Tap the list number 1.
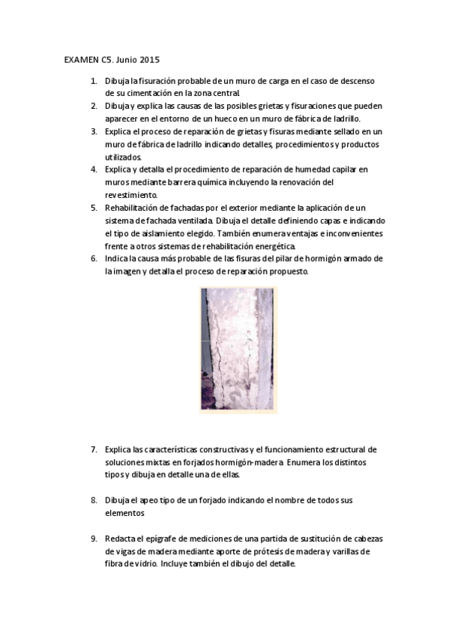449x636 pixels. tap(93, 80)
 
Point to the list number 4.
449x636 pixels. tap(94, 169)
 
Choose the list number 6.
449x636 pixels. tap(94, 259)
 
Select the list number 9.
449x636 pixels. tap(94, 538)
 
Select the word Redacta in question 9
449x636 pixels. tap(121, 538)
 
